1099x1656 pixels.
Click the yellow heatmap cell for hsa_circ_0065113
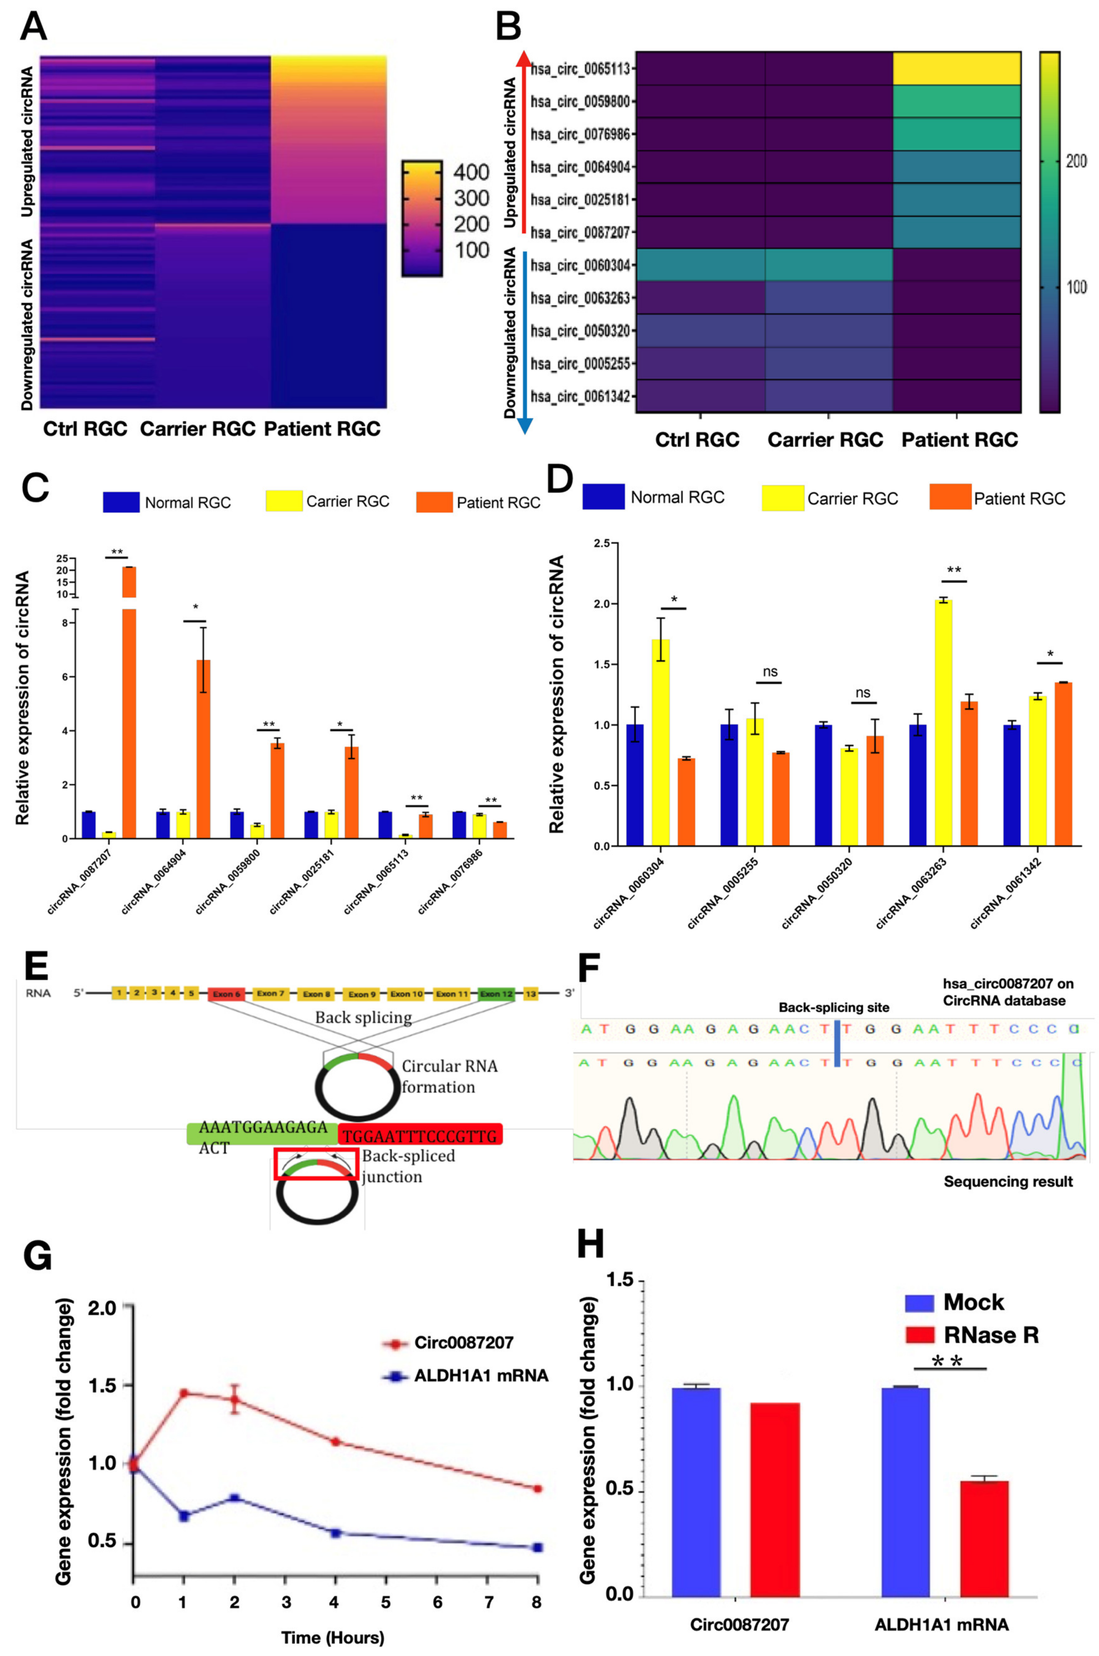[x=956, y=69]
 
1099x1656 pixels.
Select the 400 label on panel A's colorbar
[x=471, y=172]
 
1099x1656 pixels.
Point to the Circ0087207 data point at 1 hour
[x=184, y=1393]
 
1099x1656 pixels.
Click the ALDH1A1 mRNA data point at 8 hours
[x=538, y=1547]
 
